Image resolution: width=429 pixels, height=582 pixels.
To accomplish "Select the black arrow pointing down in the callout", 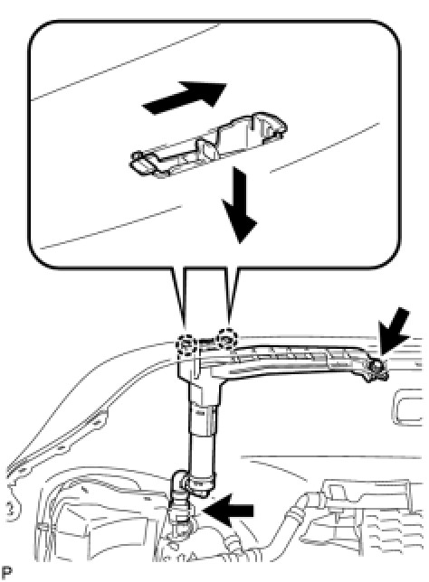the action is pyautogui.click(x=238, y=205).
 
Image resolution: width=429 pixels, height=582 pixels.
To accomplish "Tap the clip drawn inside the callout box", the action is pyautogui.click(x=208, y=145).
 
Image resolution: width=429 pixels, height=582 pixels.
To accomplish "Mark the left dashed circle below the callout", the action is pyautogui.click(x=186, y=343).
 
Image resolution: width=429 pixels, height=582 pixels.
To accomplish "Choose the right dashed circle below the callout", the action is pyautogui.click(x=226, y=338).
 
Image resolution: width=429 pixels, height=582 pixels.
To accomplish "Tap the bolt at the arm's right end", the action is pyautogui.click(x=377, y=370).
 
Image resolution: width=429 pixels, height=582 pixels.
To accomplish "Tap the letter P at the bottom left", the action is pyautogui.click(x=6, y=573).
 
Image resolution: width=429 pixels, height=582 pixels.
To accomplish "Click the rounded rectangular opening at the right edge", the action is pyautogui.click(x=407, y=408).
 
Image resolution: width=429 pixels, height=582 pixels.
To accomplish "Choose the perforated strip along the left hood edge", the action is pyautogui.click(x=56, y=442).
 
